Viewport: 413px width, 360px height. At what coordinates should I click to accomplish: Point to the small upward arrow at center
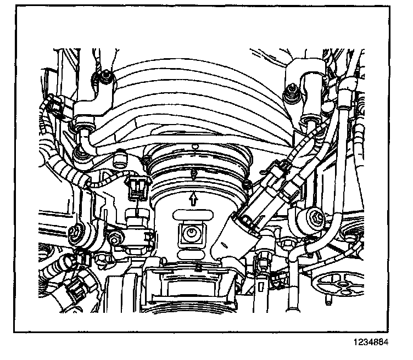(x=193, y=198)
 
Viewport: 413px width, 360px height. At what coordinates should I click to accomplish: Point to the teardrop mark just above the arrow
(x=193, y=175)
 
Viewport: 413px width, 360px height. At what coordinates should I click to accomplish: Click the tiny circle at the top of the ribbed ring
(x=196, y=146)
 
